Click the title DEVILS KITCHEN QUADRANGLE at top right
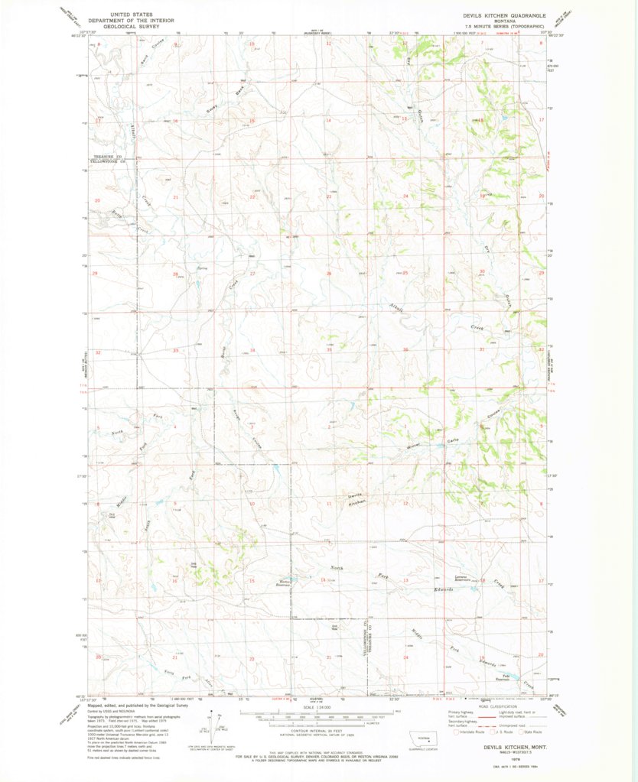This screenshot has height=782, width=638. coord(505,15)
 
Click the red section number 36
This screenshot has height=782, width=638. coord(405,350)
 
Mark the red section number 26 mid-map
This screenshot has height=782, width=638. coord(329,274)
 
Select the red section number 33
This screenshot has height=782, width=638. coord(175,350)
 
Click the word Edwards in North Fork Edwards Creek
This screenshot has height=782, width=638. coord(444,589)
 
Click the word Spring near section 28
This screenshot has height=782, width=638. coord(202,268)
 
